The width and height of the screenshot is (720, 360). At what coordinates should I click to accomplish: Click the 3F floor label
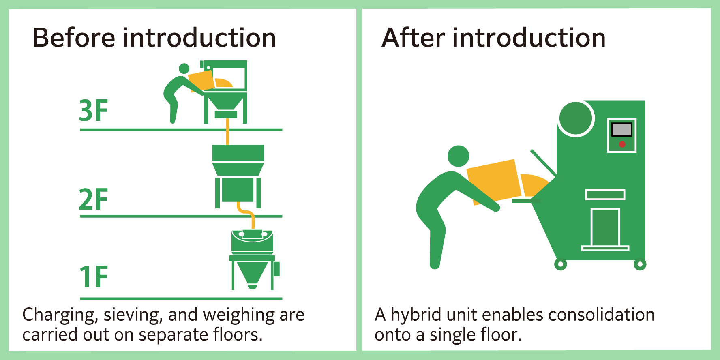tap(93, 110)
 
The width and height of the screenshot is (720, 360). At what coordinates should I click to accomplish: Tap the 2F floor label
tap(93, 199)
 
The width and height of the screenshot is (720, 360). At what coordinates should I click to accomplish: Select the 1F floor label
tap(93, 276)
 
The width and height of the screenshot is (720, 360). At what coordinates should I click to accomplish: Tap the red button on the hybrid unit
tap(622, 144)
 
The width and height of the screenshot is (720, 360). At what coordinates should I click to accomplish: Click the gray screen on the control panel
tap(621, 130)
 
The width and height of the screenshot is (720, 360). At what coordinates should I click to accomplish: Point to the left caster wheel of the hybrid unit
tap(560, 265)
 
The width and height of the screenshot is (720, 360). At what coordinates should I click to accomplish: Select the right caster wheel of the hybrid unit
tap(640, 265)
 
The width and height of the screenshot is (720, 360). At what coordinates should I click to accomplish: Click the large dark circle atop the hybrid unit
tap(576, 118)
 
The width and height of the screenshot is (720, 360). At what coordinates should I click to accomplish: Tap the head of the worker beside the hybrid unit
tap(458, 156)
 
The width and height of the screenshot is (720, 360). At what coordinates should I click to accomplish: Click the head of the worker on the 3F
tap(184, 69)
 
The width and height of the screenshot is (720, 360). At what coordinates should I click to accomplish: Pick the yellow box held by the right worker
tap(494, 181)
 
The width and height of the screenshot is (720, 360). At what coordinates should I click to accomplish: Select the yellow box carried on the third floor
tap(201, 80)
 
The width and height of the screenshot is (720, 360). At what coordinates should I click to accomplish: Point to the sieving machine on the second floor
tap(238, 174)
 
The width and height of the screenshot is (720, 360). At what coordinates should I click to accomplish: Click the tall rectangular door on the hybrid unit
tap(605, 227)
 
